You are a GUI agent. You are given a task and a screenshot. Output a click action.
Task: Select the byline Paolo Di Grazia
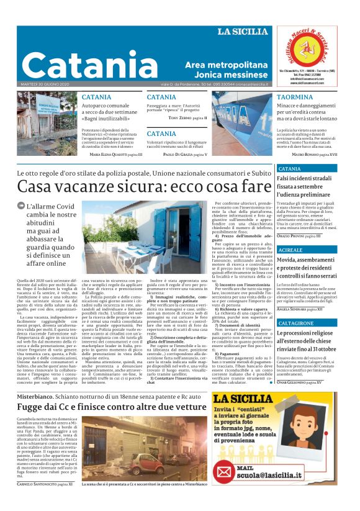click(184, 153)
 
